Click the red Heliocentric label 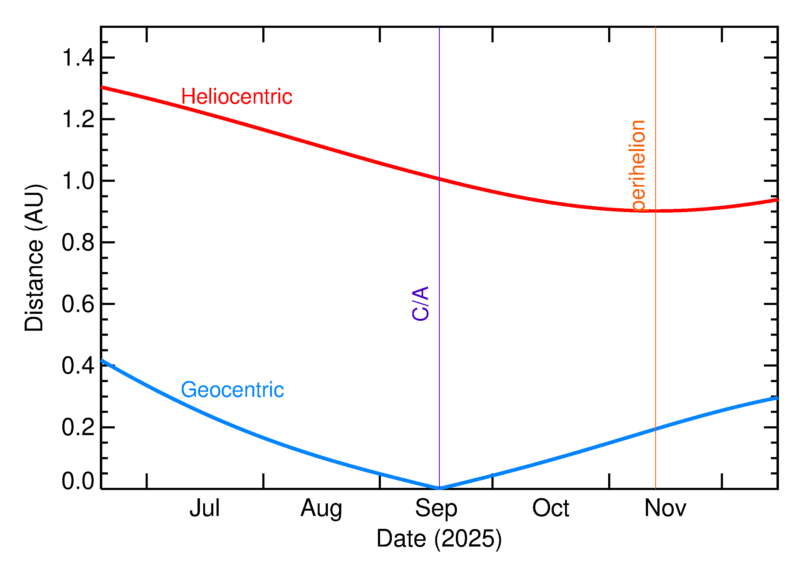[236, 97]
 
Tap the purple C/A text [421, 303]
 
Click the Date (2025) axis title [439, 538]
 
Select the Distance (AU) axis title [34, 258]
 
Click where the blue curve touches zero [439, 488]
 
